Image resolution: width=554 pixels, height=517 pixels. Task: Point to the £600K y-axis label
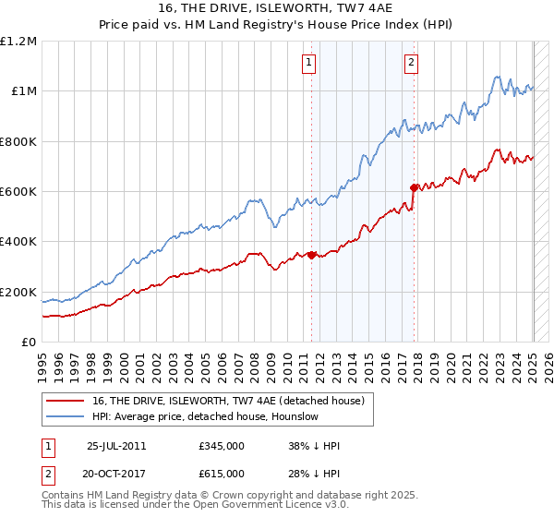pos(18,192)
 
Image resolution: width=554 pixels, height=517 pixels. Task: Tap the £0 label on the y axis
pos(30,343)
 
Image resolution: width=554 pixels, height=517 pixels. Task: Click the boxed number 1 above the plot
pos(307,64)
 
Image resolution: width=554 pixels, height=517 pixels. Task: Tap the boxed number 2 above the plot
pos(411,64)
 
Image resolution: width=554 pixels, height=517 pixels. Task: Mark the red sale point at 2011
pos(312,256)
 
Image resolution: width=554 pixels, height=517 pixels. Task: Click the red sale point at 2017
pos(414,187)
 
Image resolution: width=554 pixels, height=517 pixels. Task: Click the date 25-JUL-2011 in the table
pos(115,446)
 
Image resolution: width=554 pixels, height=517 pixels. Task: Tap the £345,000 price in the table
pos(222,446)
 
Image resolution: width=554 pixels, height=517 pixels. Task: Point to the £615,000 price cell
pos(222,474)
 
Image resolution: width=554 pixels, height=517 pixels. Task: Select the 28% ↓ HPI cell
pos(314,474)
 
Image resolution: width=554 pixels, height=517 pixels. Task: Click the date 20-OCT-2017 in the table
pos(117,474)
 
